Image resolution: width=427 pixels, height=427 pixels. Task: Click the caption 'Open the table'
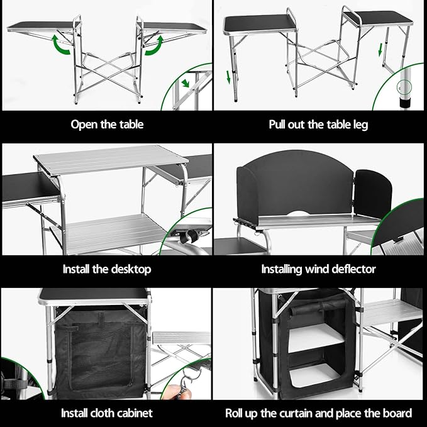(107, 124)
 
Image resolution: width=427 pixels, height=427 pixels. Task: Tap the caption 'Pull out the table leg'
(318, 124)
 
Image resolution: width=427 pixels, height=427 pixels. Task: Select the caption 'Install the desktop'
(107, 269)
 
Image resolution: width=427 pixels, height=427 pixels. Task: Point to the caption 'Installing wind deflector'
(318, 269)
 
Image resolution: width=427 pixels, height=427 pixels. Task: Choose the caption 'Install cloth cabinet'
(106, 413)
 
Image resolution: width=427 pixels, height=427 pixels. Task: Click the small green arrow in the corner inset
(186, 83)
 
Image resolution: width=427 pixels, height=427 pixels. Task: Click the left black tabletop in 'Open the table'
(41, 26)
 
